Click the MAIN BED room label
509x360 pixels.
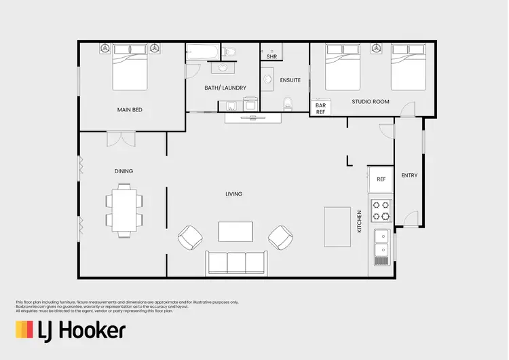coord(129,109)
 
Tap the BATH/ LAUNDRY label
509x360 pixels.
coord(225,88)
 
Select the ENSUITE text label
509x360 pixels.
coord(290,80)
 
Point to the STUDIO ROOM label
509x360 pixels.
coord(371,102)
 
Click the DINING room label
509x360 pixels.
coord(124,171)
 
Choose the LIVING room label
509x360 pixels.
coord(233,194)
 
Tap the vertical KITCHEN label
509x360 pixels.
coord(360,221)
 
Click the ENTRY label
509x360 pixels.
coord(409,175)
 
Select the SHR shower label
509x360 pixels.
coord(271,56)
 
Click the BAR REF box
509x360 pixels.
coord(320,109)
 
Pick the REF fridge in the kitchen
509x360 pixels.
coord(381,179)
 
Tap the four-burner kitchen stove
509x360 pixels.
coord(381,211)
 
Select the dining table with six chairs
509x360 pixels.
coord(124,211)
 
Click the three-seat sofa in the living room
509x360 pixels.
coord(235,262)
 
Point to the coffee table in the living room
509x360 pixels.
coord(235,232)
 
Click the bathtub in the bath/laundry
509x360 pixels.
coord(204,52)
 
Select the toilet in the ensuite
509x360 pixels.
coord(288,103)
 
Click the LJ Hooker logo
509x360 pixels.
coord(71,331)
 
